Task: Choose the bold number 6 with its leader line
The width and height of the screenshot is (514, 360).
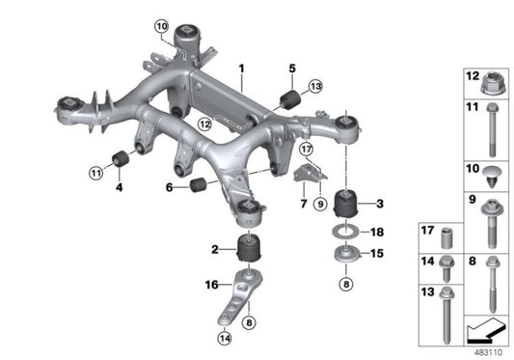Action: click(x=170, y=188)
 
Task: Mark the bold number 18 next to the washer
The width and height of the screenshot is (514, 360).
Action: click(x=377, y=233)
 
